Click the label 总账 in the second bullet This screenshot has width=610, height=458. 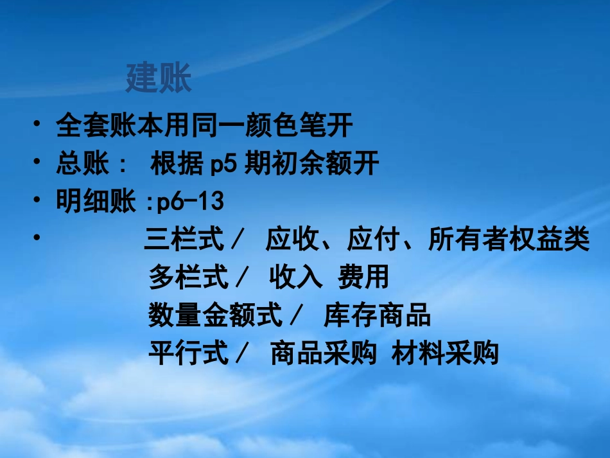[x=83, y=164]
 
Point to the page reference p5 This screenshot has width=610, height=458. [x=224, y=164]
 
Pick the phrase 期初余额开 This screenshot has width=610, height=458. [x=313, y=164]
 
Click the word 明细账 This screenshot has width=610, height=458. [x=96, y=202]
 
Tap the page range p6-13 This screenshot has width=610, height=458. [x=190, y=202]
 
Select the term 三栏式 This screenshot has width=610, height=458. [x=184, y=240]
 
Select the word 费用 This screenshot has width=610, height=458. [x=363, y=277]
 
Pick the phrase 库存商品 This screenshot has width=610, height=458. [x=377, y=315]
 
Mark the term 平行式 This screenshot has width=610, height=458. [x=188, y=353]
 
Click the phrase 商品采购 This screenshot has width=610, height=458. [x=323, y=353]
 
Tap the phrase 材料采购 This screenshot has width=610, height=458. [x=445, y=353]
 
